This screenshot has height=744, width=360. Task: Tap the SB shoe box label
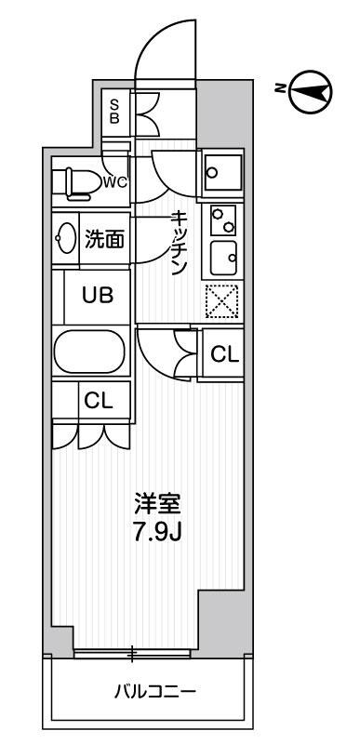(115, 111)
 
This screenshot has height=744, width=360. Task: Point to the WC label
(115, 181)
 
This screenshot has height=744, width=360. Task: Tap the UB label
(98, 296)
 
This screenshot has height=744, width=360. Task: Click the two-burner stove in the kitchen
(221, 220)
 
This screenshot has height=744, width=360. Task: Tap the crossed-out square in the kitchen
(222, 300)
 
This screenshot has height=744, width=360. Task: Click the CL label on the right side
(223, 353)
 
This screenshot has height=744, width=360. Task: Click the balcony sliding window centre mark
(132, 654)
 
